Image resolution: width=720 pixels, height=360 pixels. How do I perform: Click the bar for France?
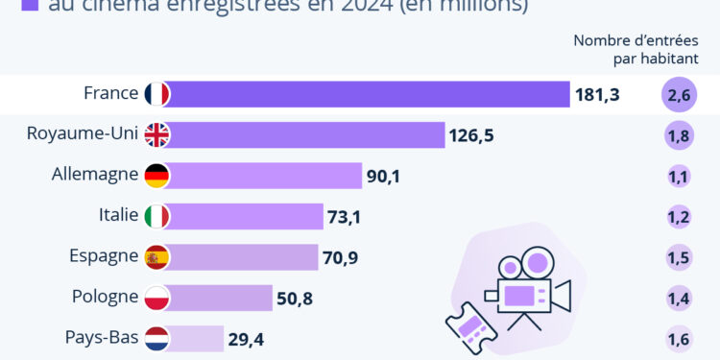tap(371, 94)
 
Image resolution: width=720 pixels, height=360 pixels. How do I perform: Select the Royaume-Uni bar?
tap(308, 135)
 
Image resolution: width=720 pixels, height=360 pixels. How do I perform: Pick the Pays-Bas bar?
tap(198, 339)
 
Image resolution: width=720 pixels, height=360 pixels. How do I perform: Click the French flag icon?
tap(156, 94)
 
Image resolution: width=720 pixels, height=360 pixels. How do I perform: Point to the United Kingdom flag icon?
tap(156, 135)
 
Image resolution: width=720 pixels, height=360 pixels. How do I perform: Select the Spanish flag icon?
tap(156, 257)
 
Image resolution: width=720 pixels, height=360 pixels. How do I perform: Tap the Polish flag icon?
tap(156, 299)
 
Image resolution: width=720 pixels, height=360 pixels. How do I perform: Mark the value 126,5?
tap(471, 135)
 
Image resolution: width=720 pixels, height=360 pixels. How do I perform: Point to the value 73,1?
tap(344, 217)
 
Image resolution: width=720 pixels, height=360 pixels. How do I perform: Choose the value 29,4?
tap(247, 339)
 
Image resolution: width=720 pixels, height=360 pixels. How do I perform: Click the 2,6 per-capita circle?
tap(678, 95)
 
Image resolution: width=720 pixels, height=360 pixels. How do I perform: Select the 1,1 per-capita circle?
tap(678, 177)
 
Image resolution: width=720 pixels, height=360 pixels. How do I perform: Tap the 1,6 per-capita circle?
tap(678, 339)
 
